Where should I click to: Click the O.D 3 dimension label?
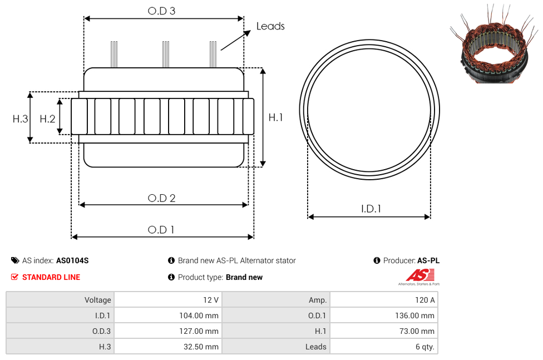point(161,11)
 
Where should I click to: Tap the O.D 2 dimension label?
point(161,198)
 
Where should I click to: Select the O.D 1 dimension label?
point(161,230)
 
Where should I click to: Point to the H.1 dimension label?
point(275,117)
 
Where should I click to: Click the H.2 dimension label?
point(47,119)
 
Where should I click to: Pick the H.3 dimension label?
point(21,119)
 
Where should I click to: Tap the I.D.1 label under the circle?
point(371,209)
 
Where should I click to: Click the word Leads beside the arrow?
point(270,26)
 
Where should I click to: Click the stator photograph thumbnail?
point(494,43)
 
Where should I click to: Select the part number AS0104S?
point(72,260)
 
